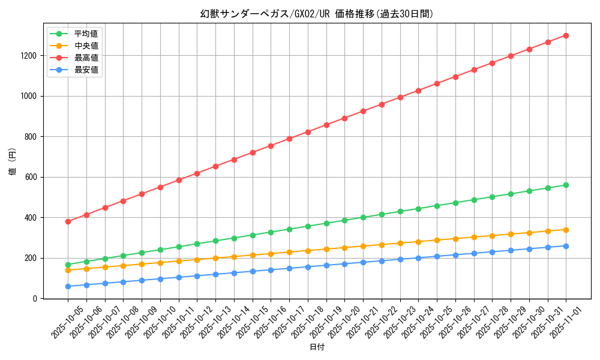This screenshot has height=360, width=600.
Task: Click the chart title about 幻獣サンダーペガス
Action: click(316, 14)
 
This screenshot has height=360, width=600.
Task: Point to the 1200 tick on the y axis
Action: click(29, 56)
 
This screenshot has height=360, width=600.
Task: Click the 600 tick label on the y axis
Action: click(31, 177)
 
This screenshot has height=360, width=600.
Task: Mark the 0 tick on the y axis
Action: click(35, 298)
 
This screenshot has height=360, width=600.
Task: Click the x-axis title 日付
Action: click(317, 347)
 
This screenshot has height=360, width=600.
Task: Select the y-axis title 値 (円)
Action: click(13, 163)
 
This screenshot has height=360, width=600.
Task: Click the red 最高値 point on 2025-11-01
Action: click(566, 35)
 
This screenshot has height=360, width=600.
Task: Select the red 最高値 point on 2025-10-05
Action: click(68, 221)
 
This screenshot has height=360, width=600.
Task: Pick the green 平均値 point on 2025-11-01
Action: click(566, 185)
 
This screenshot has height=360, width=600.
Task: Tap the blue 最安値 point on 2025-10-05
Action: click(68, 286)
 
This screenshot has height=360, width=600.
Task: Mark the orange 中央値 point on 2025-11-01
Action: click(566, 230)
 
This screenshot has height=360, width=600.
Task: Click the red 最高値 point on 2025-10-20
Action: click(344, 118)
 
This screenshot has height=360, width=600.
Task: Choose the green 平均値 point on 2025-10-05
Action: click(68, 265)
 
